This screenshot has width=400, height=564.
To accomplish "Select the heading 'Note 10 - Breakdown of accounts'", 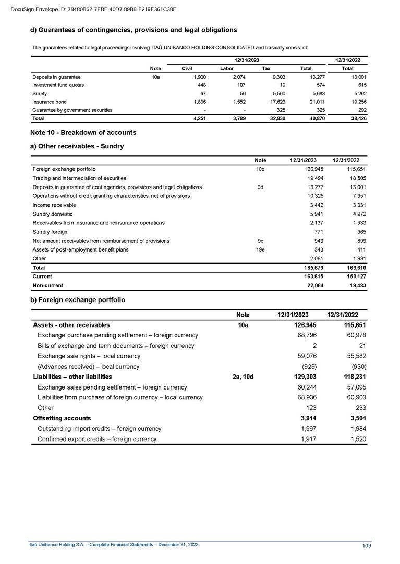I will (83, 132).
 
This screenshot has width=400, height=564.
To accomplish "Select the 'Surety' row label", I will (40, 93).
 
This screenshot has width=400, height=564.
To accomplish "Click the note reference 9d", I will (260, 186).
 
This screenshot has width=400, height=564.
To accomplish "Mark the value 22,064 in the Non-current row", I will (307, 285).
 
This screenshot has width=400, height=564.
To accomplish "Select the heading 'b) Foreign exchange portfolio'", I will (78, 300).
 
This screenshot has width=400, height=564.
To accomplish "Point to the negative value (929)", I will (308, 367).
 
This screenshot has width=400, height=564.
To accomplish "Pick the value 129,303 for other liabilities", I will (305, 377).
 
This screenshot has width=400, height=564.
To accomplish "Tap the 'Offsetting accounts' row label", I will (62, 418).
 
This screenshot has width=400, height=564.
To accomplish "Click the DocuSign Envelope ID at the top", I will (93, 9).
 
